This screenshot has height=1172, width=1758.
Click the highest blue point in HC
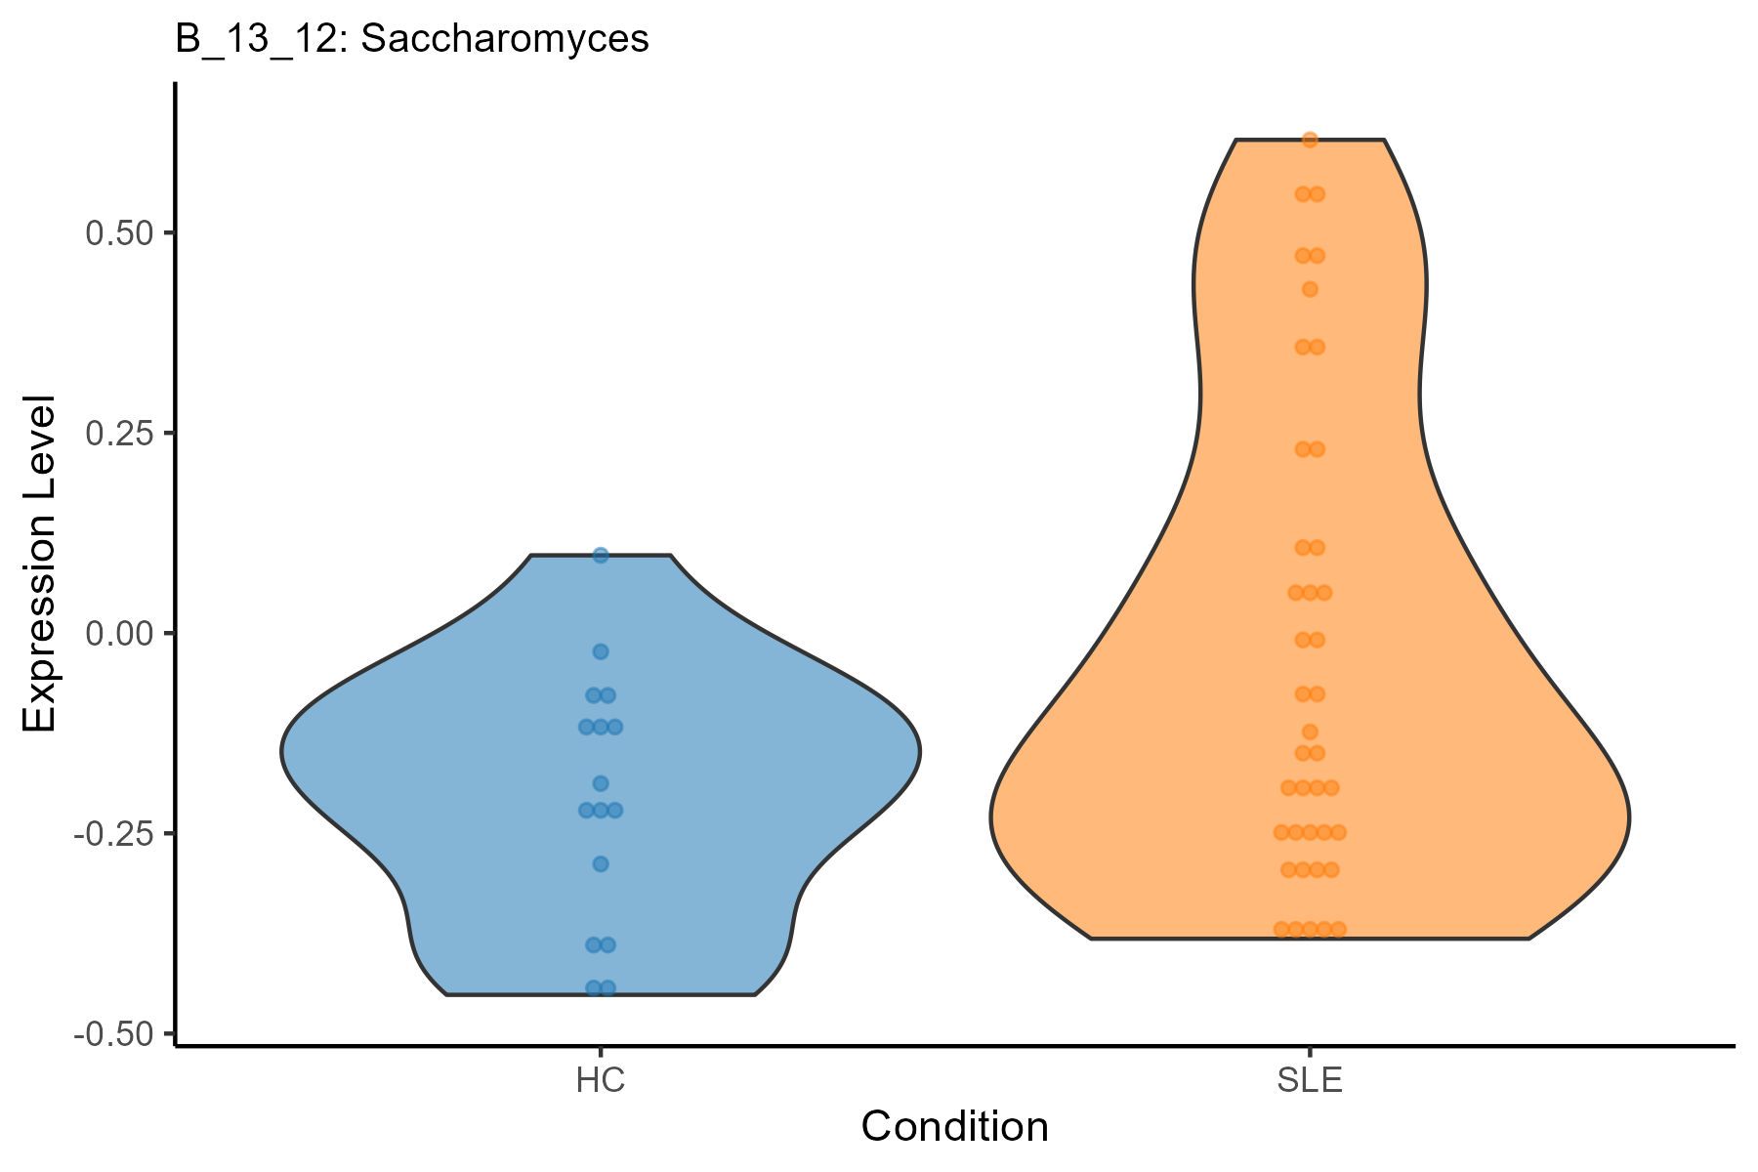(601, 556)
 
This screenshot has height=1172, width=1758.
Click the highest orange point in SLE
(1310, 140)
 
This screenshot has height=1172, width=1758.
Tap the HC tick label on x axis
(601, 1081)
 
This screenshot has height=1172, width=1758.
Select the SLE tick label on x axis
(1310, 1081)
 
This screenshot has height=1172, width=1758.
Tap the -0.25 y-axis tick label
(113, 834)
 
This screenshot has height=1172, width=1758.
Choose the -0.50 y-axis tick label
(113, 1034)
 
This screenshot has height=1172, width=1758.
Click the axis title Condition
(954, 1127)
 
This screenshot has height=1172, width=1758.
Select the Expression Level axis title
(40, 565)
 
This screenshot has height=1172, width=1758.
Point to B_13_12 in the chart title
(256, 39)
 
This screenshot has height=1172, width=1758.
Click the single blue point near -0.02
(601, 651)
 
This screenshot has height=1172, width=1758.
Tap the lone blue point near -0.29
(601, 863)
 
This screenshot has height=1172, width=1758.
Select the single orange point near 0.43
(1310, 289)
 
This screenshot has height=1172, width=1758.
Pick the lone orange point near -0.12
(1310, 732)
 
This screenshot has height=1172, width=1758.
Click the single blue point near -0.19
(601, 783)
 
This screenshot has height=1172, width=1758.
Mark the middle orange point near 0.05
(1310, 593)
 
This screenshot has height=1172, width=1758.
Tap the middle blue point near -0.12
(601, 727)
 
